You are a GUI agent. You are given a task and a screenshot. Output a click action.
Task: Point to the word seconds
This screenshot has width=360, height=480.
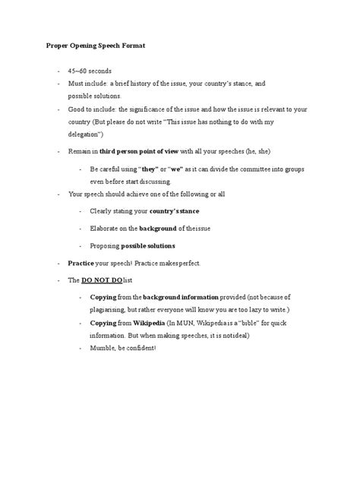pos(100,71)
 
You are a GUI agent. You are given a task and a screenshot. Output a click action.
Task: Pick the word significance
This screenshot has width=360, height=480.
pos(156,109)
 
